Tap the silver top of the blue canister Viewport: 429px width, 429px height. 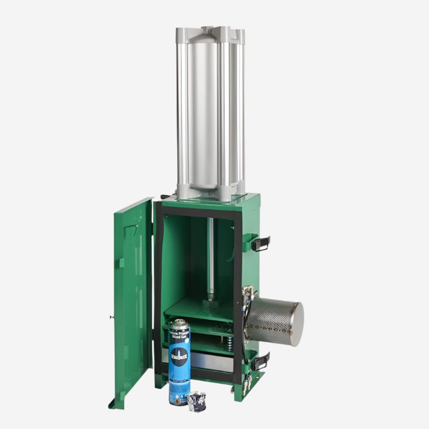pos(180,324)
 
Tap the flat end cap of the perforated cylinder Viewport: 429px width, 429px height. pos(296,323)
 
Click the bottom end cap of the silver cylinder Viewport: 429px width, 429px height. pos(210,191)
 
